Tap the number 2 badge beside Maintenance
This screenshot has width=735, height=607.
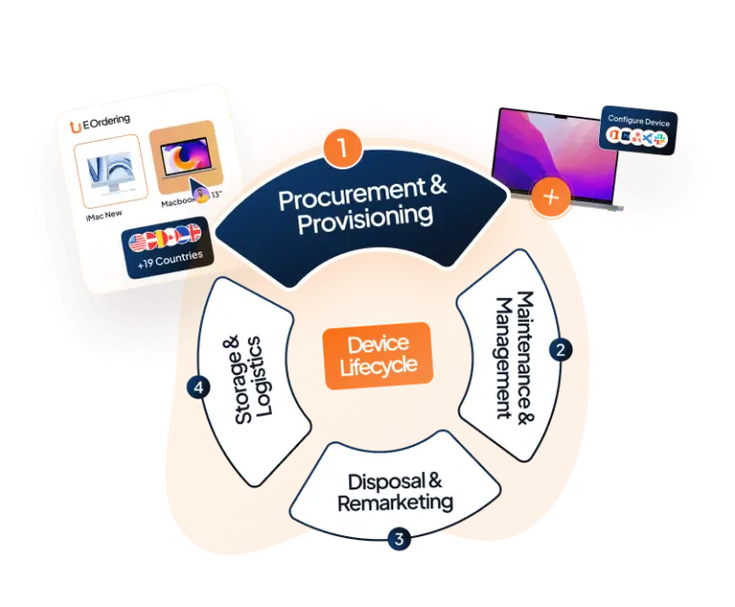[x=559, y=349]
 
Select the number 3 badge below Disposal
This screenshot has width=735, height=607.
[x=398, y=538]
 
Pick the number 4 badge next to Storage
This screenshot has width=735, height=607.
[x=198, y=388]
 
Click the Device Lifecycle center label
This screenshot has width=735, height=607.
[x=378, y=354]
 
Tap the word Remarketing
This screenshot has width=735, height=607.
[x=394, y=502]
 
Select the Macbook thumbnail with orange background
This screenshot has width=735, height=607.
[x=186, y=163]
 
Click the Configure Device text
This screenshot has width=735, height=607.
[x=638, y=120]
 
